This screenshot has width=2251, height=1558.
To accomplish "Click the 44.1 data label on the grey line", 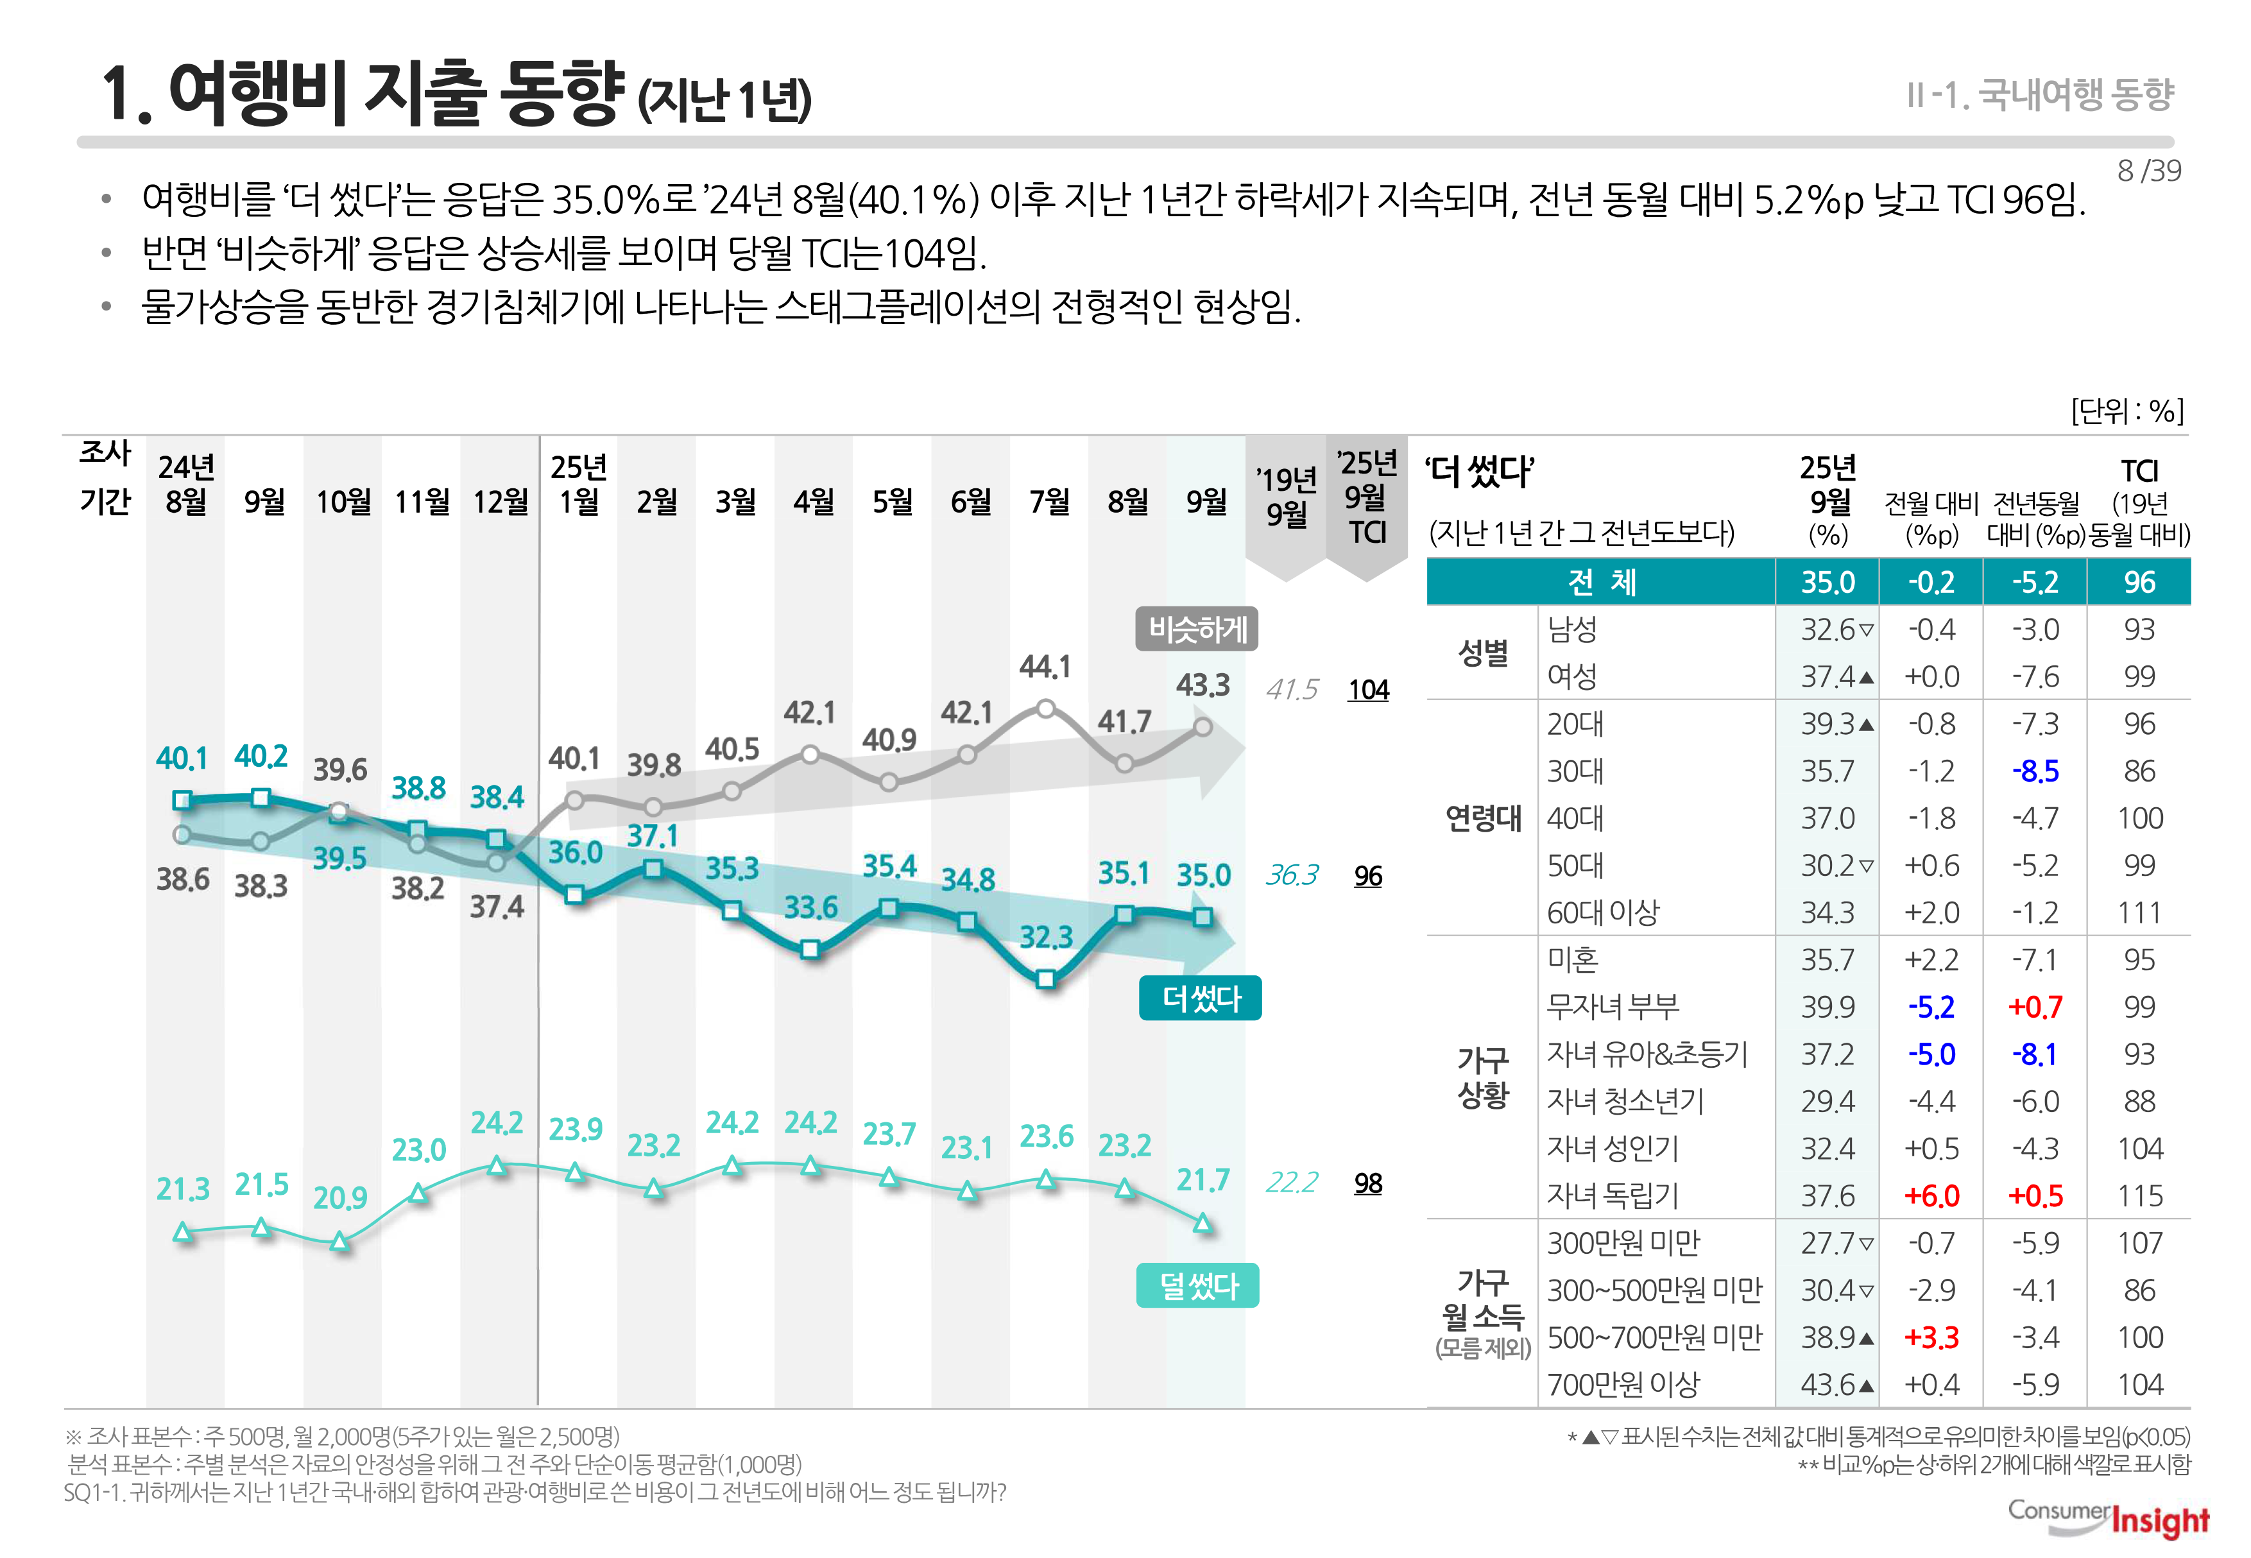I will pos(1045,668).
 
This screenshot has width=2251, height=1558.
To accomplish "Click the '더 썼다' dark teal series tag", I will pos(1200,998).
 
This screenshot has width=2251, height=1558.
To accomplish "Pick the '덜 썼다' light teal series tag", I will pos(1198,1286).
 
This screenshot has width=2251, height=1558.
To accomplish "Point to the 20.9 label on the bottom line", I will pos(339,1198).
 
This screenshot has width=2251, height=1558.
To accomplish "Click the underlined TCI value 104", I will pos(1367,690).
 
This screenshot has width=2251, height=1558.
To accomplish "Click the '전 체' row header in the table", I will pos(1601,583).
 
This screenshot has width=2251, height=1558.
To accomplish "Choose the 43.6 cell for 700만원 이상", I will pos(1827,1384).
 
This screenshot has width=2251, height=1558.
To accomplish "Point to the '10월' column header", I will pos(343,502).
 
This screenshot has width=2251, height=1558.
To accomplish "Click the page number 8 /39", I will pos(2148,171).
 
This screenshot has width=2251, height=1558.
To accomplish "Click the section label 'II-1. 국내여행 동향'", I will pos(2039,95).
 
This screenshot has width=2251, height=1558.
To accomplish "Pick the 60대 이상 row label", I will pos(1602,912).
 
